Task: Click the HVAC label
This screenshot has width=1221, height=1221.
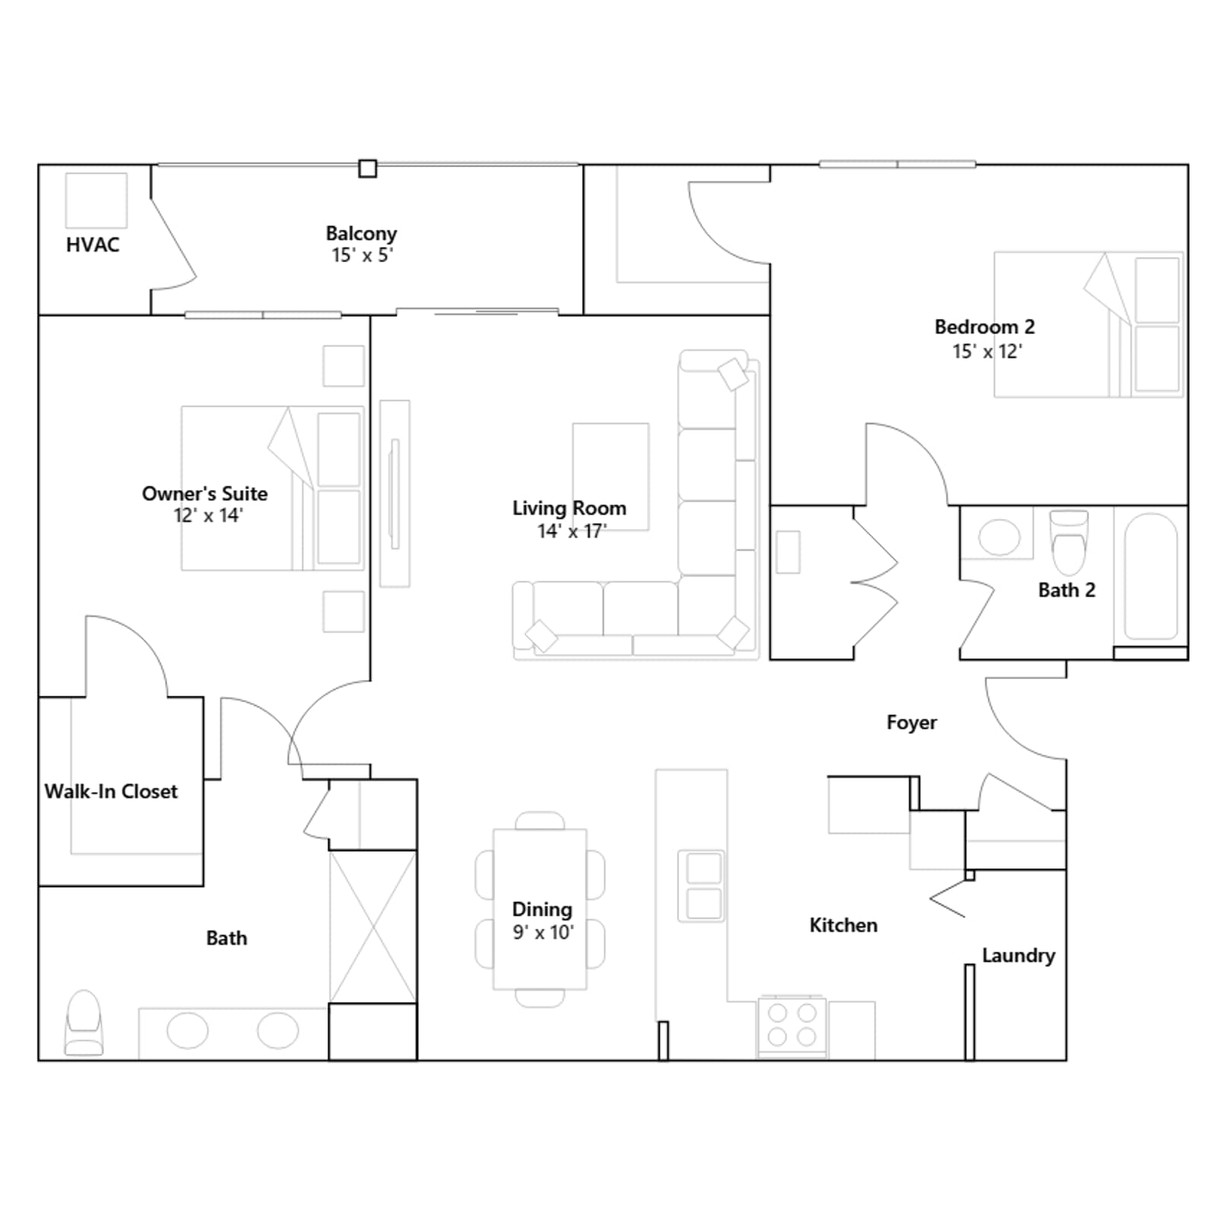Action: point(92,245)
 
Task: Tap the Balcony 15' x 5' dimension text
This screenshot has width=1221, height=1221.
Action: point(362,256)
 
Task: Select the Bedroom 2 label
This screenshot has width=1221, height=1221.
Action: point(984,327)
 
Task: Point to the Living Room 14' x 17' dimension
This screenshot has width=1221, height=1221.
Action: point(572,531)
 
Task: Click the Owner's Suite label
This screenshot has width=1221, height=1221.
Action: point(205,494)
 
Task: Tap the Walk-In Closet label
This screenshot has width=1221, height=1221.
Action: point(111,791)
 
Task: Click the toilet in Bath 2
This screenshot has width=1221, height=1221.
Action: point(1069,542)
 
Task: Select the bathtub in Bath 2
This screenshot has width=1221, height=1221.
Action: point(1151,576)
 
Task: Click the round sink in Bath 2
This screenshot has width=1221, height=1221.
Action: point(999,537)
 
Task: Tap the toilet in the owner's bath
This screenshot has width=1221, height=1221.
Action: point(84,1023)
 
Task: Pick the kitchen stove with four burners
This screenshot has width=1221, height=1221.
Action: point(791,1026)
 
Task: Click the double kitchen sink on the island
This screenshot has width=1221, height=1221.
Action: point(702,886)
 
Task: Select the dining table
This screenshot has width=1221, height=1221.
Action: point(540,909)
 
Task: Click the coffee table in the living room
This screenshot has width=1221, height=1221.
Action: point(610,477)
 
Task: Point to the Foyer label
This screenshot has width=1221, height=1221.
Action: point(911,723)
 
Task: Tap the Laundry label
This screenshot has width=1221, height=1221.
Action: point(1018,955)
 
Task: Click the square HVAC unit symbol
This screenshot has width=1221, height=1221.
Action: point(96,200)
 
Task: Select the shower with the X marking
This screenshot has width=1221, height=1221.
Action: point(372,927)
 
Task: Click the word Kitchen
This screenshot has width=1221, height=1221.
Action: point(843,925)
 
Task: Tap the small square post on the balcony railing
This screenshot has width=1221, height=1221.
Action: point(368,168)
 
